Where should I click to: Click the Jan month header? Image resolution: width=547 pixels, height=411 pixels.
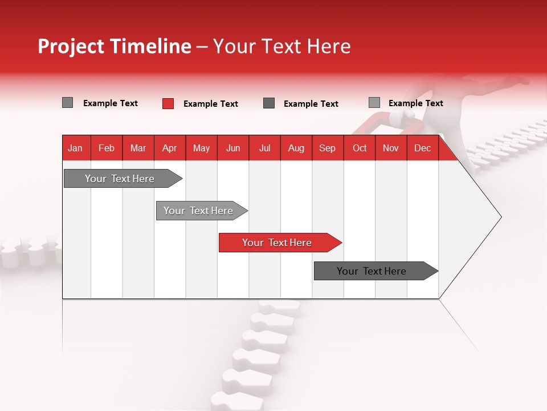coord(76,148)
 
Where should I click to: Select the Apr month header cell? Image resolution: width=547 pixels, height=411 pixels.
coord(170,148)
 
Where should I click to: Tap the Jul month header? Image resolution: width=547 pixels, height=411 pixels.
coord(265,148)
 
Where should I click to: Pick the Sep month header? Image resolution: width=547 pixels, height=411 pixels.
coord(327,148)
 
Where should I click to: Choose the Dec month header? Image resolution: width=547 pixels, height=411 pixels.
coord(422,148)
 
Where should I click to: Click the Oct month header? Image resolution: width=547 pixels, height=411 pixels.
coord(360,148)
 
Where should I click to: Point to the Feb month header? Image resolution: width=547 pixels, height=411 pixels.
coord(107,148)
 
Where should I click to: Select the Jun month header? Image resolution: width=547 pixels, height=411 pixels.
coord(233,148)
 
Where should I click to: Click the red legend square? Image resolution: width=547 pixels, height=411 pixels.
coord(168,103)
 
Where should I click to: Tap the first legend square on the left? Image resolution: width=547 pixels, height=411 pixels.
coord(67,103)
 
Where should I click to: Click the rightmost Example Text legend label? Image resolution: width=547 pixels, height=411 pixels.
coord(415,103)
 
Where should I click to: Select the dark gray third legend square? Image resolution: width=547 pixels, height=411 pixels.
coord(269,103)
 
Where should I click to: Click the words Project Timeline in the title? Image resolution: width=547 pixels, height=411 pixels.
coord(114,46)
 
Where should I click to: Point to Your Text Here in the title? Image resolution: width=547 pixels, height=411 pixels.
coord(281,46)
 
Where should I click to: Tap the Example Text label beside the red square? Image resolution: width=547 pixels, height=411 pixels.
coord(210,104)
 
